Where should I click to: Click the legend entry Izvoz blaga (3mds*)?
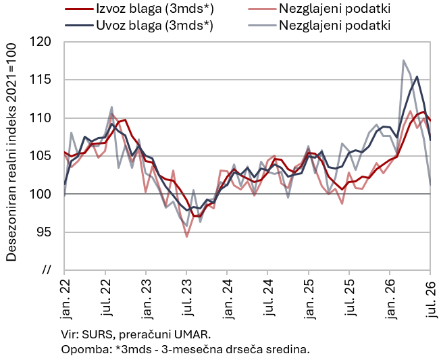(x=139, y=9)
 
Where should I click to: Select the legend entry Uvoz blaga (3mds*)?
(x=139, y=25)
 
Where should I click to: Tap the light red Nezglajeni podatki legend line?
(x=262, y=9)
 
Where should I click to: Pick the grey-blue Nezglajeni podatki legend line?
(x=262, y=25)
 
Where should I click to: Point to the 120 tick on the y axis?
(x=41, y=42)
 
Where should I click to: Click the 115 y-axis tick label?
(x=41, y=80)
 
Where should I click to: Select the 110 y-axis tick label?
(x=41, y=118)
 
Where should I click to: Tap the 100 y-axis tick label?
(x=41, y=194)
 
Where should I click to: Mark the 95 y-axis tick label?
(x=44, y=232)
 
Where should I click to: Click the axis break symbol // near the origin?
(x=47, y=270)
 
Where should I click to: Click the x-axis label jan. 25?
(x=309, y=299)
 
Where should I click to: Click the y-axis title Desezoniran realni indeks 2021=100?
(x=11, y=152)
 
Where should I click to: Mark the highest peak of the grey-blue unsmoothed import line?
(x=403, y=60)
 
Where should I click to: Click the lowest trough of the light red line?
(x=186, y=237)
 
